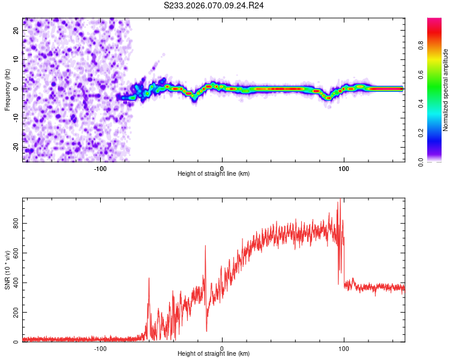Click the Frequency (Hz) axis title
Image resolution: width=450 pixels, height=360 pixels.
pos(7,89)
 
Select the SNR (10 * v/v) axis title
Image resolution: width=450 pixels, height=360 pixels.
pos(7,271)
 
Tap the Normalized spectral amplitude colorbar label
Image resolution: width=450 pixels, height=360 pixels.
pos(446,90)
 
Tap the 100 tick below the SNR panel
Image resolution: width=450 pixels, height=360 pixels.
pos(344,348)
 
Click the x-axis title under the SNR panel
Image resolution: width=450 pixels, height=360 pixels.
pos(214,355)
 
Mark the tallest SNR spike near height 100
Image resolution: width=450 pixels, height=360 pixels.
pos(340,200)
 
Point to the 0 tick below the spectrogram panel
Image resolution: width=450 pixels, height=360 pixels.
pos(222,168)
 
